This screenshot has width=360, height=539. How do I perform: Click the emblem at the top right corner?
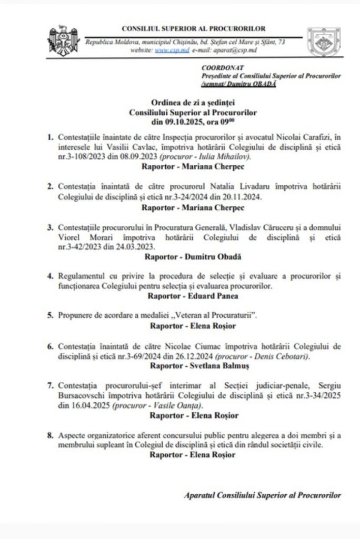pos(324,42)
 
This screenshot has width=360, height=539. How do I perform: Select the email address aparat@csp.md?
pos(225,51)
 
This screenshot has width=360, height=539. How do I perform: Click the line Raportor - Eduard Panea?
pos(193,295)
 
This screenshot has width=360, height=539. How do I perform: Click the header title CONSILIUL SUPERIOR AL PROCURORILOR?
pos(193,28)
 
